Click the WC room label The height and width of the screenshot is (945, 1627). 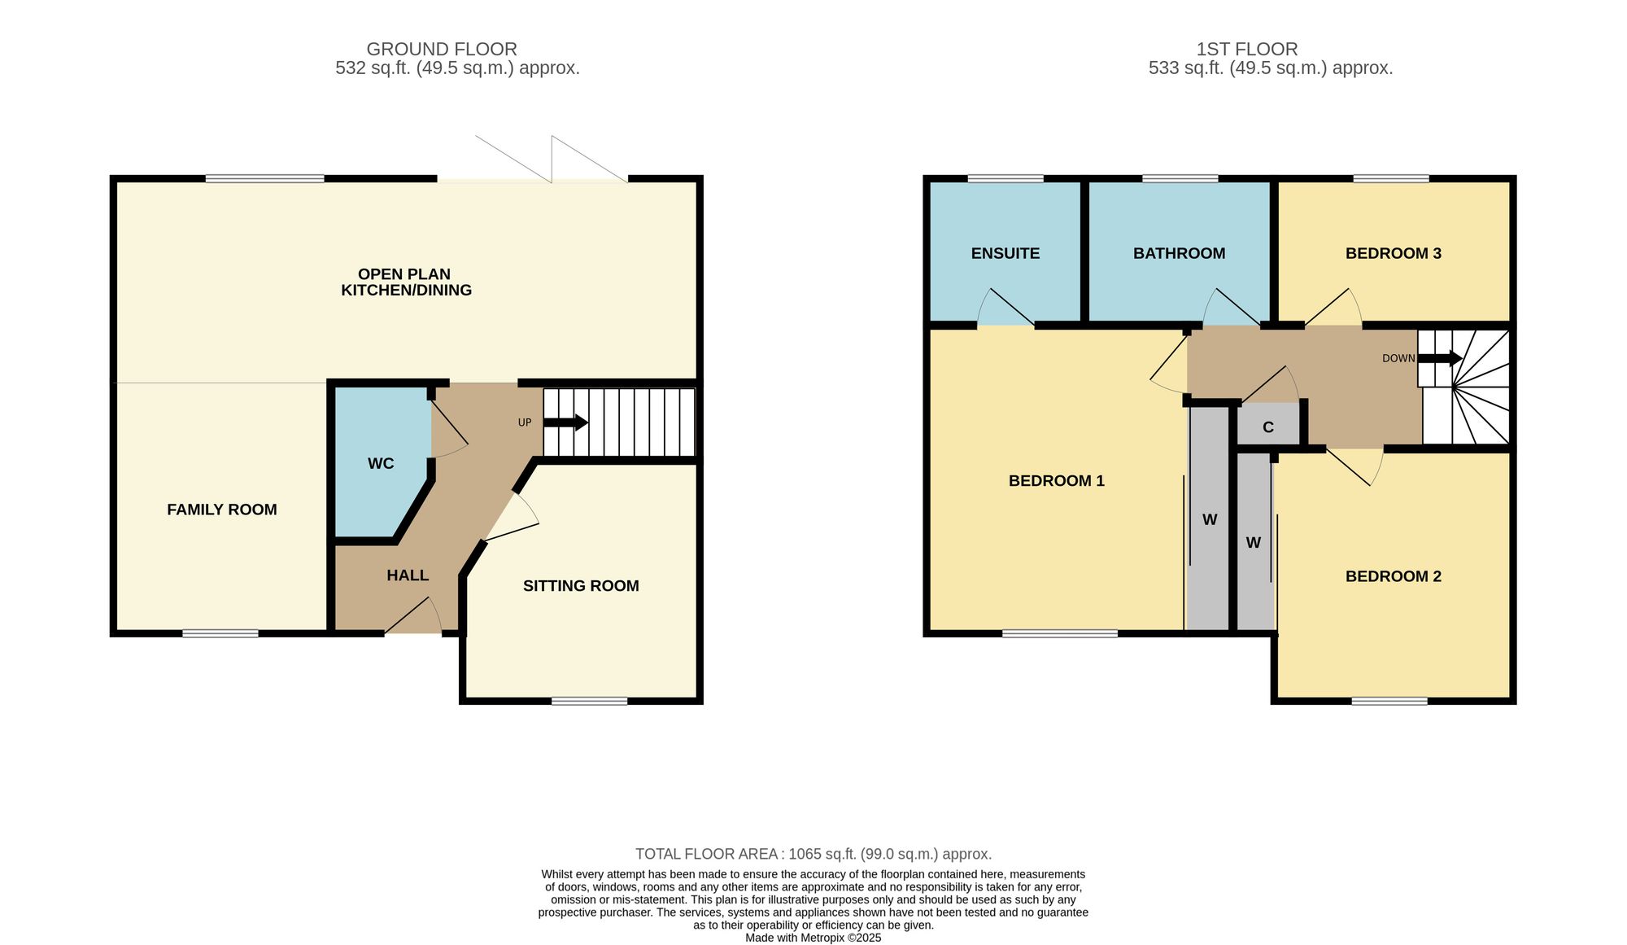click(x=381, y=463)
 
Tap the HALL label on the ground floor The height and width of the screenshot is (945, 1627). click(x=408, y=575)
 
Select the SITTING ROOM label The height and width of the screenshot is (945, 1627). click(x=581, y=586)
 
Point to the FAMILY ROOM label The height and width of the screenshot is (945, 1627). click(x=222, y=510)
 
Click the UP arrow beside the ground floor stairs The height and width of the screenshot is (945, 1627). click(x=565, y=422)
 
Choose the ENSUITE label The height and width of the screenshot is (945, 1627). click(x=1005, y=253)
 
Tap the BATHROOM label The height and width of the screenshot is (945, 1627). click(x=1179, y=253)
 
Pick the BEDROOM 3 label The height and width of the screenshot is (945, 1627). click(x=1394, y=253)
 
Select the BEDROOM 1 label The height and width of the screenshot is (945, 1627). click(x=1057, y=481)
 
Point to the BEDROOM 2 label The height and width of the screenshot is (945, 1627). click(x=1394, y=576)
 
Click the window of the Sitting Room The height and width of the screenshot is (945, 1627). click(x=590, y=701)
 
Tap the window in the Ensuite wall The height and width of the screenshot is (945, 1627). click(x=1005, y=179)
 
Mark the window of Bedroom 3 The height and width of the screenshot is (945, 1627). click(x=1391, y=179)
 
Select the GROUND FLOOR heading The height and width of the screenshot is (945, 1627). click(x=442, y=50)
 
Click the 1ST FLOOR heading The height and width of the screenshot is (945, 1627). click(x=1247, y=50)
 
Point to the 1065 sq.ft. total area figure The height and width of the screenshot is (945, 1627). click(x=822, y=854)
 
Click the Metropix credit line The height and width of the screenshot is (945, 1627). click(x=813, y=938)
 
